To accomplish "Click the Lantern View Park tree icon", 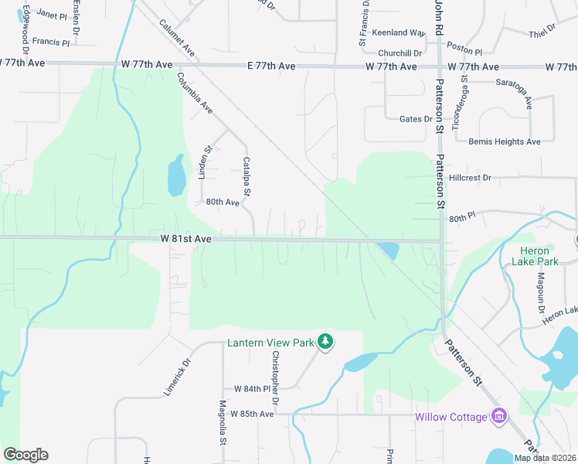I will click(326, 341).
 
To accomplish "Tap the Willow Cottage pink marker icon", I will click(499, 417).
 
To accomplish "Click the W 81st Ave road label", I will click(186, 240).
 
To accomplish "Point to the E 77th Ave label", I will click(272, 67).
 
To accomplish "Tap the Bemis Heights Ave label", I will click(505, 142).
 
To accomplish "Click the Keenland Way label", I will click(399, 33).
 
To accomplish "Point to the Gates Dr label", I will click(416, 119).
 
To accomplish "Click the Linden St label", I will click(204, 163).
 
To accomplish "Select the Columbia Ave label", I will click(194, 93).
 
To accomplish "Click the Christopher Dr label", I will click(274, 377).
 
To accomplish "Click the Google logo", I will click(25, 455).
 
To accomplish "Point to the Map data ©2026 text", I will click(546, 458).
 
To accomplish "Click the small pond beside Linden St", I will click(176, 176).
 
